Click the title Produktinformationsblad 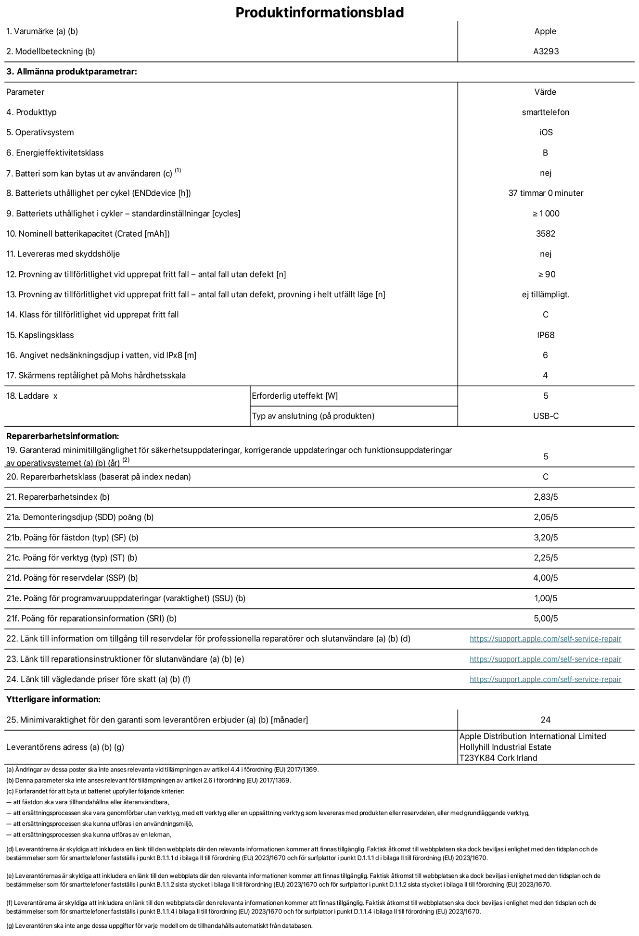pyautogui.click(x=319, y=12)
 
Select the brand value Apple pyautogui.click(x=545, y=31)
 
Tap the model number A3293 pyautogui.click(x=546, y=51)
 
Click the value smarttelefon pyautogui.click(x=546, y=112)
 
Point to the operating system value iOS pyautogui.click(x=546, y=132)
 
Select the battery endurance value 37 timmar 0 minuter pyautogui.click(x=546, y=193)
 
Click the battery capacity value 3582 pyautogui.click(x=546, y=234)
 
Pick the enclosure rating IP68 pyautogui.click(x=546, y=335)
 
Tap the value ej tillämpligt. pyautogui.click(x=546, y=294)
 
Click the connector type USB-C pyautogui.click(x=546, y=416)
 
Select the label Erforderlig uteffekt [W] pyautogui.click(x=294, y=396)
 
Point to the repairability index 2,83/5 pyautogui.click(x=546, y=497)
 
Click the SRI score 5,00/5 pyautogui.click(x=546, y=619)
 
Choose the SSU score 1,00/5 pyautogui.click(x=546, y=598)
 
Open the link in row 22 pyautogui.click(x=545, y=639)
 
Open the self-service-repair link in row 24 pyautogui.click(x=545, y=679)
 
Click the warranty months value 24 pyautogui.click(x=546, y=720)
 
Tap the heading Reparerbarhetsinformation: pyautogui.click(x=63, y=436)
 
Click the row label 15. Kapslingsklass pyautogui.click(x=40, y=335)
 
